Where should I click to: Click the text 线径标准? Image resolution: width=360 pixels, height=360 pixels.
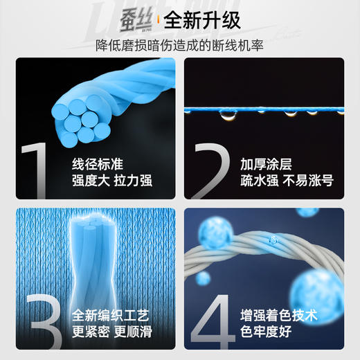(98, 165)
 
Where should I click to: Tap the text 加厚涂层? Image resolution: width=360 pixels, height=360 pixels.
(266, 165)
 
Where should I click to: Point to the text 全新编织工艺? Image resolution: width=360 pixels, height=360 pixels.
(111, 316)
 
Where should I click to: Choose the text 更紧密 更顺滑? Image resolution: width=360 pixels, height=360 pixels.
(111, 332)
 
